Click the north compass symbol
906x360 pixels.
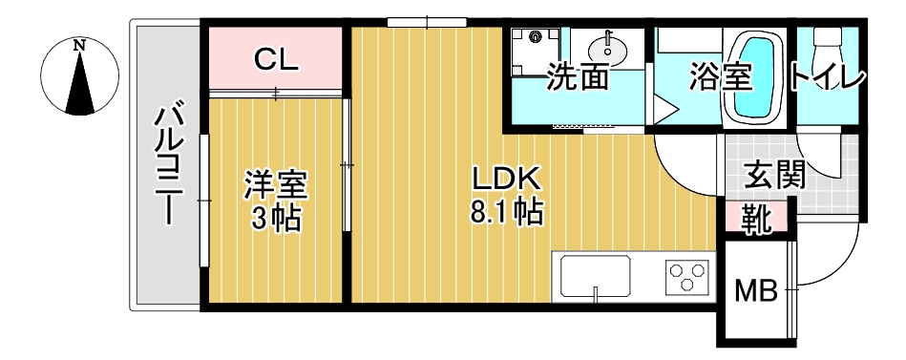click(x=81, y=76)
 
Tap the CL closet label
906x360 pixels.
click(x=277, y=60)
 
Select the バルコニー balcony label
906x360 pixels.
click(x=169, y=164)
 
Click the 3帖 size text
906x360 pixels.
click(x=276, y=219)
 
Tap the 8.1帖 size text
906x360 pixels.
click(x=506, y=211)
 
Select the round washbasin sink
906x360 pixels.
click(x=605, y=49)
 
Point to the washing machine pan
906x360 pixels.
click(x=533, y=49)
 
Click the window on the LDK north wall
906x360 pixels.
click(x=427, y=22)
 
